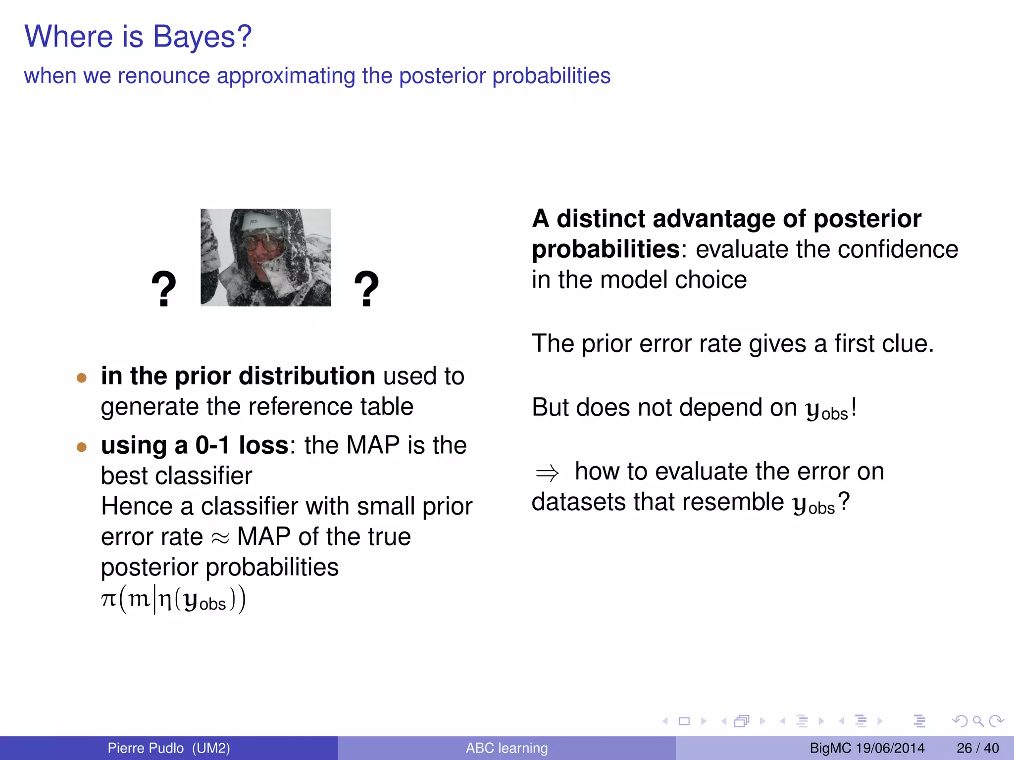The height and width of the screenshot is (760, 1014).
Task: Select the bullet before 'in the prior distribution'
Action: pos(82,379)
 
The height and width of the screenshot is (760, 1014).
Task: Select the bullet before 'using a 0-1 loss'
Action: pos(82,447)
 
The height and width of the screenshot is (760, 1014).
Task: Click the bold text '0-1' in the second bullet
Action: pos(212,445)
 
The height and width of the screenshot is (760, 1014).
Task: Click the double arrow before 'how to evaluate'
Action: pos(547,474)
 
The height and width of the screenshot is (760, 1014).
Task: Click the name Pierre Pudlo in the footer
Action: pos(146,748)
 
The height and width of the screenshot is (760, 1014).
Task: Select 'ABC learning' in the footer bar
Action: pos(507,748)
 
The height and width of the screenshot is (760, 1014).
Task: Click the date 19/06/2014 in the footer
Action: pos(890,748)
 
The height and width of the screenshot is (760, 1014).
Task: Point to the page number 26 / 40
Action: pos(977,748)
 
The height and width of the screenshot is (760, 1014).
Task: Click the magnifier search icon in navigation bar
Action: pos(978,721)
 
